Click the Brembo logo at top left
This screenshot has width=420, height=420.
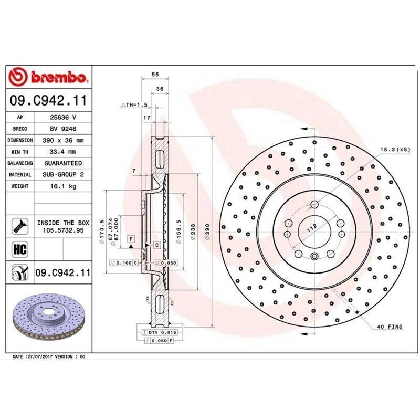[x=48, y=77]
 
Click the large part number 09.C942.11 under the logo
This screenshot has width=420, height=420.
[x=48, y=99]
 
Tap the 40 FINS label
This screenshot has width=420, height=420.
[x=389, y=327]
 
